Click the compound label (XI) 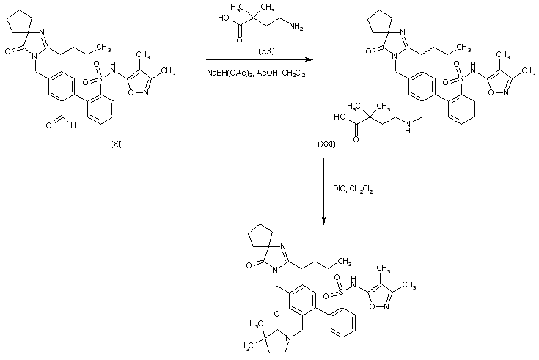(x=116, y=144)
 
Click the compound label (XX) (x=266, y=51)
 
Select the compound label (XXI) (x=326, y=144)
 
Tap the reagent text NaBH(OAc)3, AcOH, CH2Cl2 (x=256, y=74)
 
